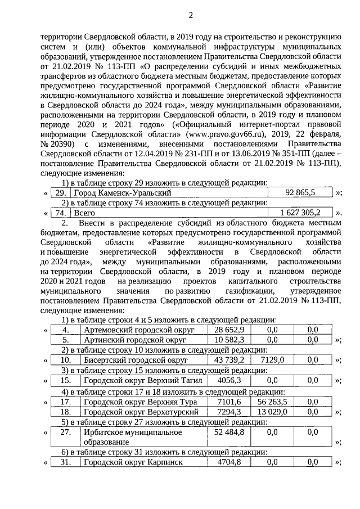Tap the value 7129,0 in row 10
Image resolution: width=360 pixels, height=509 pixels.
pyautogui.click(x=272, y=360)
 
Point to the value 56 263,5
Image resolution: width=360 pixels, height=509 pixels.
pyautogui.click(x=272, y=402)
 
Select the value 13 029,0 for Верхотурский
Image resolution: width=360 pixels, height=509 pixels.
pyautogui.click(x=272, y=412)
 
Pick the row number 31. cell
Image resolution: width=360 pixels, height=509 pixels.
pyautogui.click(x=66, y=462)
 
